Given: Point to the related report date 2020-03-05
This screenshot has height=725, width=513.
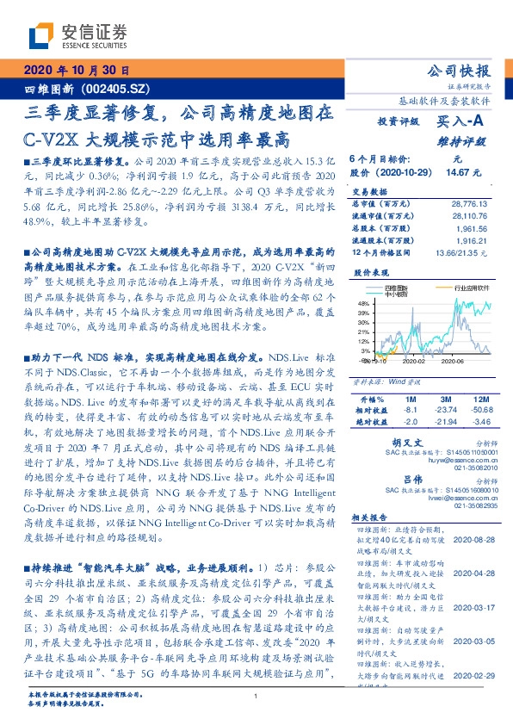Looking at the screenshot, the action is pyautogui.click(x=473, y=641).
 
